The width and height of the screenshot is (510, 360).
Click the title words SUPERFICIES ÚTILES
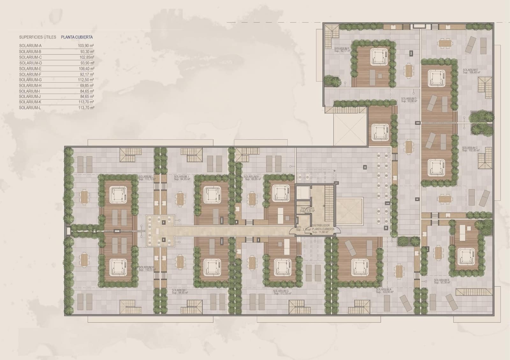pyautogui.click(x=38, y=37)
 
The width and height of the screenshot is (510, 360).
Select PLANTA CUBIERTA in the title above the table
pyautogui.click(x=77, y=37)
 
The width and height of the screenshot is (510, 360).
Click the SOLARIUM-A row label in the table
pyautogui.click(x=30, y=46)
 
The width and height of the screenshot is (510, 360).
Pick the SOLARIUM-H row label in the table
pyautogui.click(x=30, y=85)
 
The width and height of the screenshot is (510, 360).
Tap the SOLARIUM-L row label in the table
pyautogui.click(x=30, y=108)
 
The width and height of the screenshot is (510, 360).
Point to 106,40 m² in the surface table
pyautogui.click(x=86, y=69)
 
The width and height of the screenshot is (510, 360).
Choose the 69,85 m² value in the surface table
pyautogui.click(x=87, y=85)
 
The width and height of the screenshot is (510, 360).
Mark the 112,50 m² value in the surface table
pyautogui.click(x=86, y=80)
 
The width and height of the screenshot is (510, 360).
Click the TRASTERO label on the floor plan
pyautogui.click(x=307, y=209)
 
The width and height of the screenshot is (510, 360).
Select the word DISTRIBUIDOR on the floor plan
pyautogui.click(x=321, y=226)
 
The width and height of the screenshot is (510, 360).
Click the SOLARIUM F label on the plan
pyautogui.click(x=342, y=48)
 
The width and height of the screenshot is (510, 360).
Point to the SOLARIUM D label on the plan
pyautogui.click(x=409, y=99)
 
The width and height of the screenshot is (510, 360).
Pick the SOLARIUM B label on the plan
pyautogui.click(x=441, y=280)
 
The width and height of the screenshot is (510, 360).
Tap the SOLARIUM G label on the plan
pyautogui.click(x=281, y=291)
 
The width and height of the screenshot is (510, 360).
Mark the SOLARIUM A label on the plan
pyautogui.click(x=383, y=290)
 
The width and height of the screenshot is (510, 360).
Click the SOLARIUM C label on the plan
pyautogui.click(x=470, y=148)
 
